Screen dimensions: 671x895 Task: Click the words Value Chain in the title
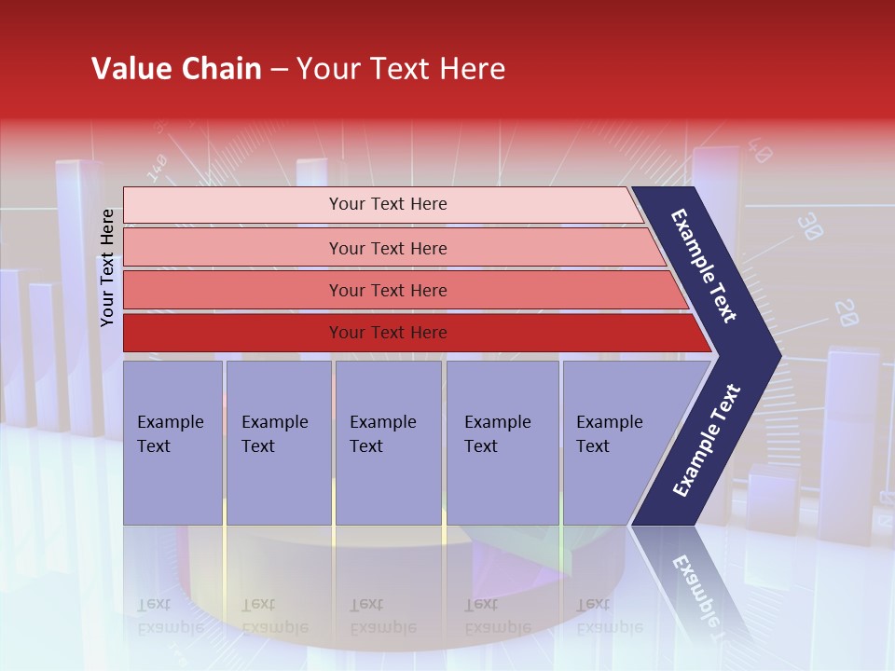176,69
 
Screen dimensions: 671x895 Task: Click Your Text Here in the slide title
401,69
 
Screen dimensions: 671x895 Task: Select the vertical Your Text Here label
108,267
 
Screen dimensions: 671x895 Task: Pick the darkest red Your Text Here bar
388,333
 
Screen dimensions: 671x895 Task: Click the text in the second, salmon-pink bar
388,248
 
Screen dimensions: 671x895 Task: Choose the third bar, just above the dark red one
388,291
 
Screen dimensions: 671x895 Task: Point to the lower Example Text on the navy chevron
707,440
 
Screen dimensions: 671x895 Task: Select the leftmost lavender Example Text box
172,443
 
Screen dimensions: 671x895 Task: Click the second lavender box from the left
278,443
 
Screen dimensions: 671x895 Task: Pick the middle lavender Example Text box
388,443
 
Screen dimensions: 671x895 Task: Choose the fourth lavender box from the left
502,443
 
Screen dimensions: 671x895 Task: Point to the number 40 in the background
760,152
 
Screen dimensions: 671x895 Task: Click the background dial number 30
811,226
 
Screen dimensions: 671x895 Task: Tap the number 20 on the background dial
846,313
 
